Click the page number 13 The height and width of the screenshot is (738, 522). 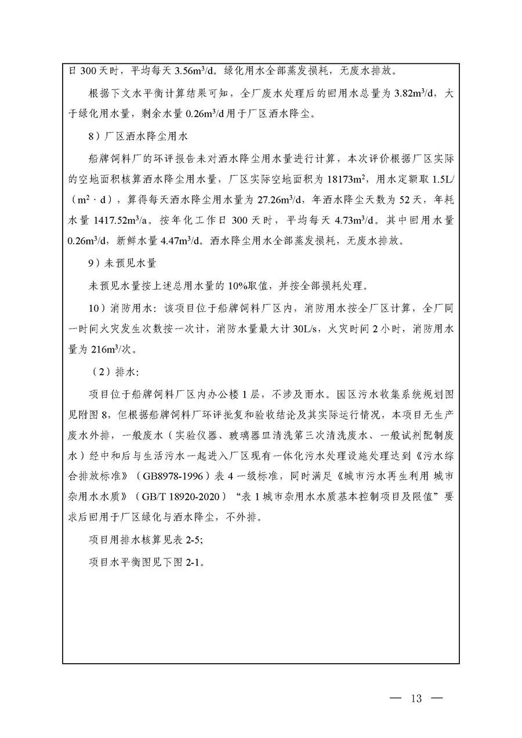pos(416,698)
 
